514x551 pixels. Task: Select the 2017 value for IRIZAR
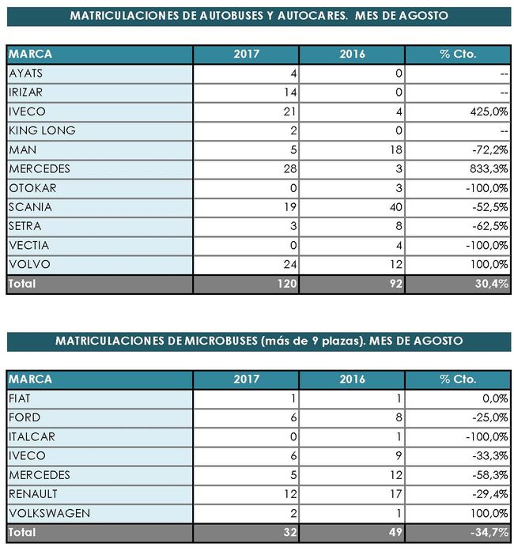click(x=291, y=92)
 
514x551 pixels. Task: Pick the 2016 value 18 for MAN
click(x=396, y=149)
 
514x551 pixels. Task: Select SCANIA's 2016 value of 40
click(x=395, y=207)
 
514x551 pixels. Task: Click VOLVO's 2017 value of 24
click(x=290, y=264)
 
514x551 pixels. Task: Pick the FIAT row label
click(x=21, y=399)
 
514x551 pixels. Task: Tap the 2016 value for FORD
click(x=399, y=418)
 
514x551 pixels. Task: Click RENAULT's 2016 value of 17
click(x=395, y=494)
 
